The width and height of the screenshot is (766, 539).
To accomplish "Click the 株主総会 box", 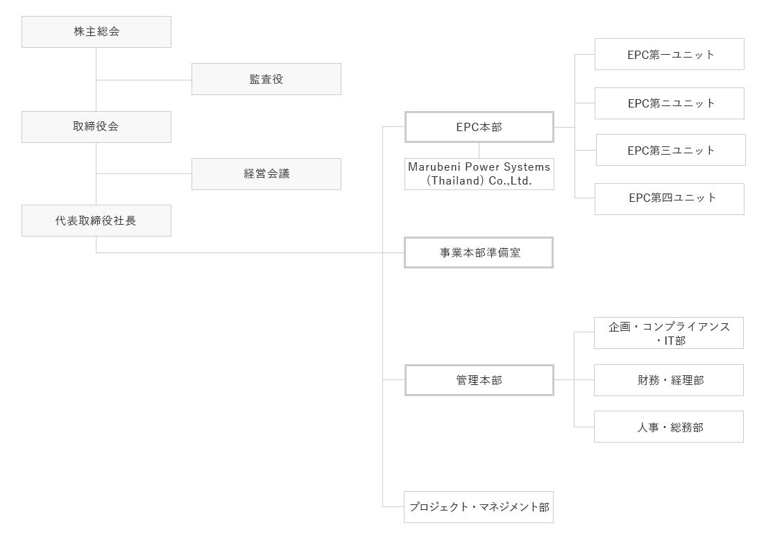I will [x=96, y=32].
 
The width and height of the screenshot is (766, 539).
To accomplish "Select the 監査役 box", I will [x=266, y=79].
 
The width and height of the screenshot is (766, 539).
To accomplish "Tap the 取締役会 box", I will [x=96, y=127].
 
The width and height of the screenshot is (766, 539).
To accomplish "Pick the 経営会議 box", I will [x=266, y=174].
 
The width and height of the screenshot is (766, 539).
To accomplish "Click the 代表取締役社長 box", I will [x=96, y=221].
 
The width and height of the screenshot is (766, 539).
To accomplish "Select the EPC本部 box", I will [x=479, y=127].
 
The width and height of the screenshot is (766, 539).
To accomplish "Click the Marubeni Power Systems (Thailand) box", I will [x=479, y=174].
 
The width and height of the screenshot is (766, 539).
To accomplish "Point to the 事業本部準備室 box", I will [x=479, y=253].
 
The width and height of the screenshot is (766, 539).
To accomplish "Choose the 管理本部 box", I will [x=479, y=380].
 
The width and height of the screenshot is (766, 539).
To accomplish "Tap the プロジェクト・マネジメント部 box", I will [x=479, y=507].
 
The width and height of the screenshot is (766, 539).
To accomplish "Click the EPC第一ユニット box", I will [x=669, y=54].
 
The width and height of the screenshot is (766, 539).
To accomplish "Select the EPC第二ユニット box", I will [x=669, y=103].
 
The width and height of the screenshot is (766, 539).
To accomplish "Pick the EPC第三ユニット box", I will [x=670, y=150].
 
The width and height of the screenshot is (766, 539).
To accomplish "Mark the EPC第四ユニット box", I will [x=669, y=199].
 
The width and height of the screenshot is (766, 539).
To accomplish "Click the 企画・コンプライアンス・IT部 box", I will [x=668, y=333].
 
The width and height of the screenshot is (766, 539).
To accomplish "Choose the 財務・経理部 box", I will [x=668, y=380].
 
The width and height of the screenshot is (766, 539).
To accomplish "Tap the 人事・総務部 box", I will [x=668, y=427].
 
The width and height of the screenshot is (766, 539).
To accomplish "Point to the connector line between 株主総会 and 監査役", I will [x=144, y=80].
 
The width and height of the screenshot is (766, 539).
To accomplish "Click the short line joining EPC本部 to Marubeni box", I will [x=479, y=151].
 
